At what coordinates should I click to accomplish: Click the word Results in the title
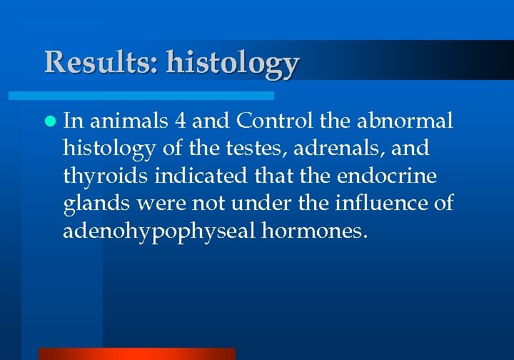coord(101,62)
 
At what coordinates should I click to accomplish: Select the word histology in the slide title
coord(233,64)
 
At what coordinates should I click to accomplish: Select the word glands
coord(95,204)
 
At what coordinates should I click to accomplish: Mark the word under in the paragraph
coord(257,204)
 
